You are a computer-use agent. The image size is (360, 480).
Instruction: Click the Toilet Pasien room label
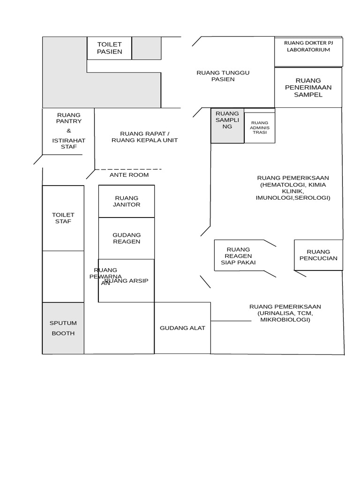tap(109, 48)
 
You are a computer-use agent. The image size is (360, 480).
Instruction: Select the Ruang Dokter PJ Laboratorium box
tap(308, 52)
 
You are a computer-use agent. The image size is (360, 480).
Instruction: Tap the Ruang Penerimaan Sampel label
tap(308, 88)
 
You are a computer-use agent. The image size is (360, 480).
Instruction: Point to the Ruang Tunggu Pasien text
tap(223, 76)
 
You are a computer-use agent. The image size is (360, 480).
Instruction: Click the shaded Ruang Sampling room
tap(227, 125)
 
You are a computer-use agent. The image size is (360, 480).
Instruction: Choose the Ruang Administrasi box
tap(260, 127)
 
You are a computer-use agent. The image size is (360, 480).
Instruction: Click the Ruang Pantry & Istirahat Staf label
tap(68, 131)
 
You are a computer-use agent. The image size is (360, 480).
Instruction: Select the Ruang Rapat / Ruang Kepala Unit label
tap(144, 137)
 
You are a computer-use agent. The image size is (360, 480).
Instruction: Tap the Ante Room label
tap(129, 175)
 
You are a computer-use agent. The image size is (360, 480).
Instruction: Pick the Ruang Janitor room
tap(127, 201)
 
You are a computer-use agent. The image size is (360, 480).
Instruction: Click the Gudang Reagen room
tap(127, 238)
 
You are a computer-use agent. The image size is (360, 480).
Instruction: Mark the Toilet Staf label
tap(63, 218)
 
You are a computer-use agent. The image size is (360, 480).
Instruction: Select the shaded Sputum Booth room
tap(63, 328)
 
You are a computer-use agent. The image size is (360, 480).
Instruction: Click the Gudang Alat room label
tap(182, 328)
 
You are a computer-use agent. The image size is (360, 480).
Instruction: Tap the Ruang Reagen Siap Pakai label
tap(238, 256)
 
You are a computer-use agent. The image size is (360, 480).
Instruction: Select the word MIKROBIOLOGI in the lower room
tap(285, 320)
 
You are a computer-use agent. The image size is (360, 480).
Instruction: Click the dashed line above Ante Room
tap(129, 169)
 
